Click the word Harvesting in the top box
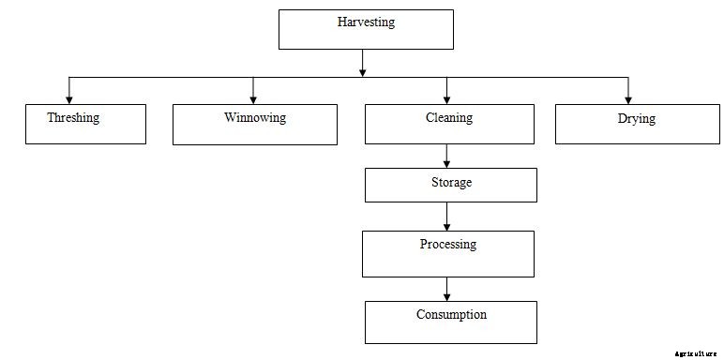(366, 22)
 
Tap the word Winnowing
(255, 118)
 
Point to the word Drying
(637, 119)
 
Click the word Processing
(447, 245)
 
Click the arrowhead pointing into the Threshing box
(68, 97)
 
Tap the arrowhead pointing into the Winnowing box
(253, 97)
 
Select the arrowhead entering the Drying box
(627, 97)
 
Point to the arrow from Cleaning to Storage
(447, 156)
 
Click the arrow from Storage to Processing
(447, 217)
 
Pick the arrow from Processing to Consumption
(447, 289)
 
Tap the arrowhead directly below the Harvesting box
(363, 70)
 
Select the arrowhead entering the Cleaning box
(447, 97)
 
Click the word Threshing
(73, 118)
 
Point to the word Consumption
(451, 315)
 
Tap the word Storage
(451, 183)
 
